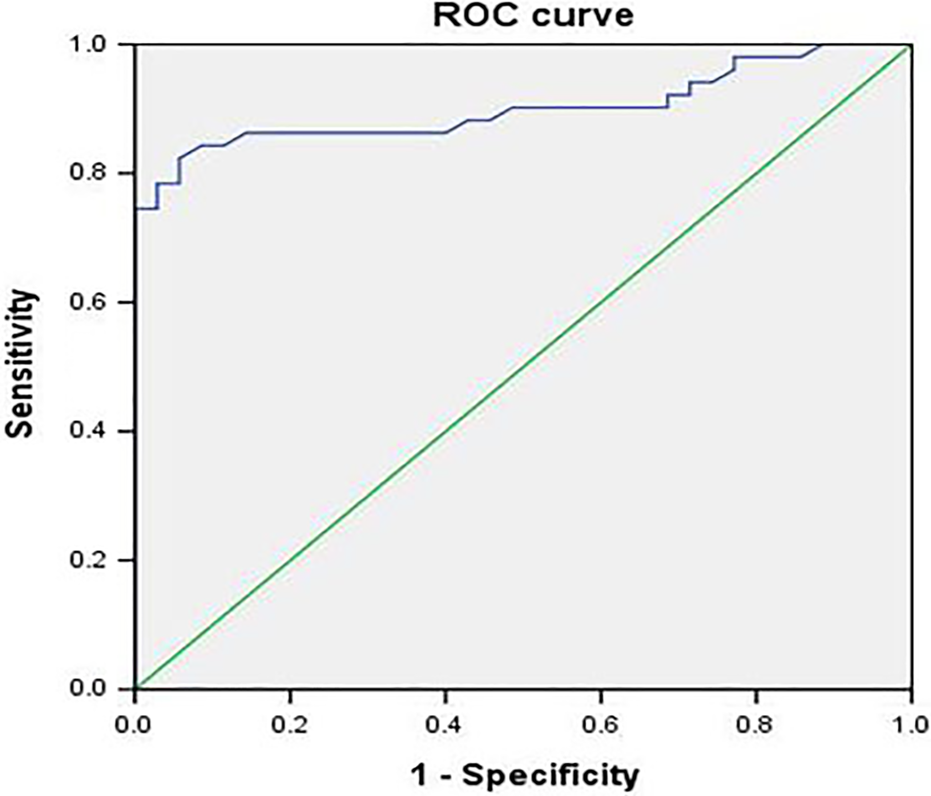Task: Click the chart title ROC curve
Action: click(533, 16)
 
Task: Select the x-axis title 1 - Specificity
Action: click(524, 776)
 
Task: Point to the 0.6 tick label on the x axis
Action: click(601, 725)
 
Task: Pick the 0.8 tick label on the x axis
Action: click(757, 725)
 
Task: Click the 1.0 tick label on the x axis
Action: click(911, 725)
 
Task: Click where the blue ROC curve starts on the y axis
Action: click(136, 209)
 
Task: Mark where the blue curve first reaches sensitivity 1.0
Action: click(821, 45)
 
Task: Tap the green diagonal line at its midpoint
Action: click(524, 367)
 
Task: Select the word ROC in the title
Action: click(469, 16)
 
